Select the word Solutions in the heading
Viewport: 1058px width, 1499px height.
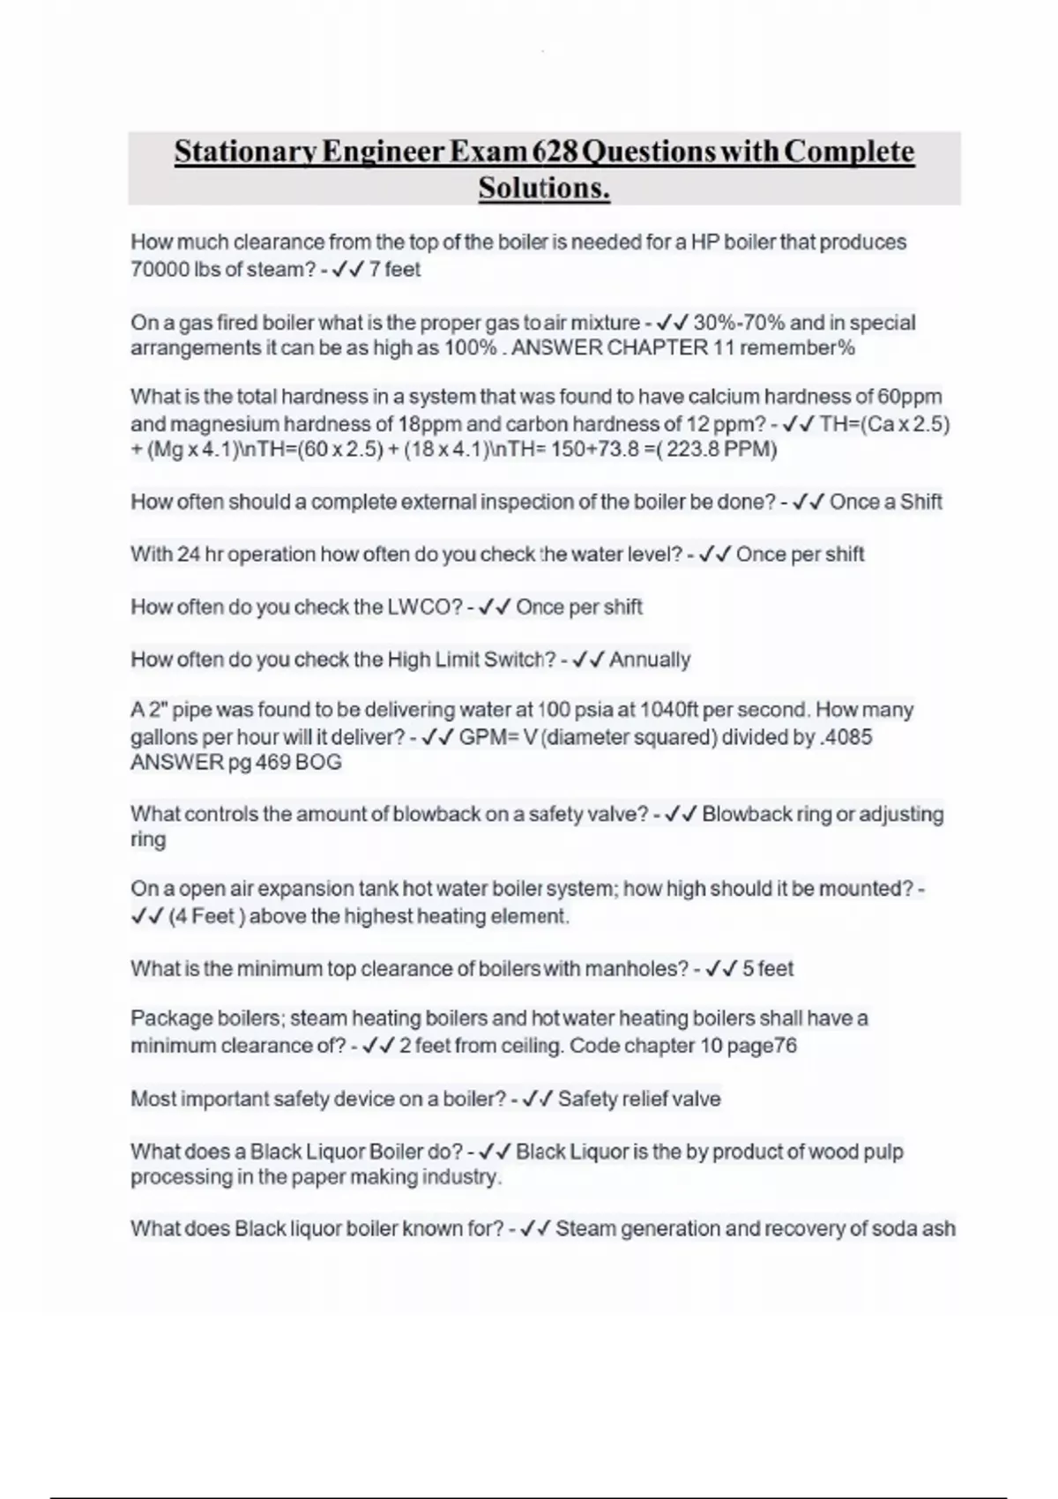544,188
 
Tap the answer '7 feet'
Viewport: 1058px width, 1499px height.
395,270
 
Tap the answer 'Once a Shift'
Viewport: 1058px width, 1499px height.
885,502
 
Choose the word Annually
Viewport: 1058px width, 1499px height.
650,660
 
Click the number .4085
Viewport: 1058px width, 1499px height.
846,737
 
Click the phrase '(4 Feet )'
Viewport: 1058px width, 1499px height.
202,916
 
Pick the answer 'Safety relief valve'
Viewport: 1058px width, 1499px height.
639,1100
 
